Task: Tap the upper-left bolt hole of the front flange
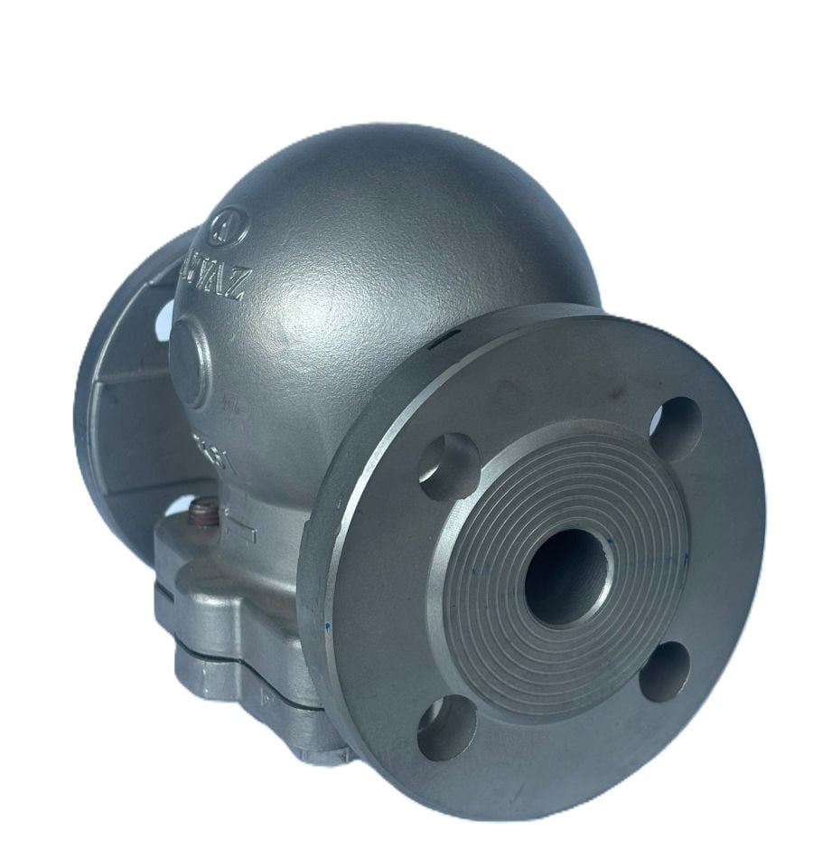449,465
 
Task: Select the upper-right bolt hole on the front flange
676,428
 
